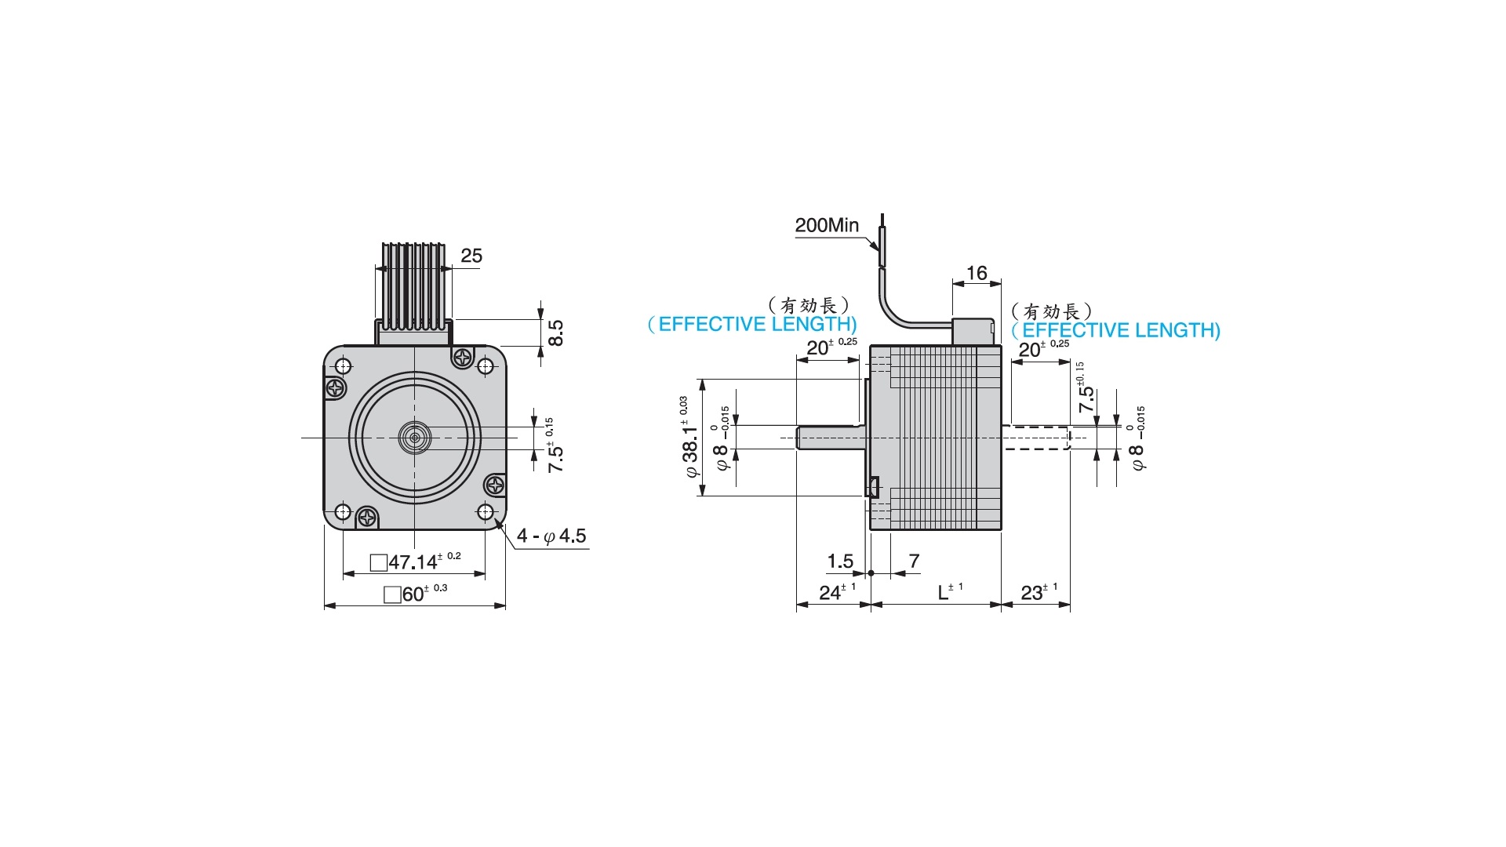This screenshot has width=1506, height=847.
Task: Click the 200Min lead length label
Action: pos(827,226)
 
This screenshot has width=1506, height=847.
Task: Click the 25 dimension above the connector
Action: pos(471,256)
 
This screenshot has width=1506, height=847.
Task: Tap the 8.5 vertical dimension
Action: pos(555,333)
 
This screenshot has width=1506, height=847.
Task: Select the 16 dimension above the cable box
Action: pos(977,273)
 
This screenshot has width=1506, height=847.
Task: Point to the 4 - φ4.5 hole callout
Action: pos(551,536)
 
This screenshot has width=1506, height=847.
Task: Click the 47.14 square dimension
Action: pos(416,561)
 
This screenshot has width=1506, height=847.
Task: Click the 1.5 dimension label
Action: pos(840,562)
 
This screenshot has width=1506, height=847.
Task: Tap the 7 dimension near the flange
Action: pos(914,561)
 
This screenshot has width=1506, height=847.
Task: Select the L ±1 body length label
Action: pos(950,591)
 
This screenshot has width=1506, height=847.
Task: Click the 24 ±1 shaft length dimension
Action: pos(837,592)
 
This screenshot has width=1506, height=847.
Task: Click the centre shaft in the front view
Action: pos(415,438)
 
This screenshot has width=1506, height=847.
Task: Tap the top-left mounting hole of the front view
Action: pos(343,365)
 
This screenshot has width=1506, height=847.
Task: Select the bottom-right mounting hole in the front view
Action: pos(486,513)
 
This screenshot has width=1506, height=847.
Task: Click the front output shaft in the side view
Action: pos(831,437)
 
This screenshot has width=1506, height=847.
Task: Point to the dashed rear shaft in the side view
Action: pos(1036,438)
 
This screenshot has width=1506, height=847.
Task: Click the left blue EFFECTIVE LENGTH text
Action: pos(752,324)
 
